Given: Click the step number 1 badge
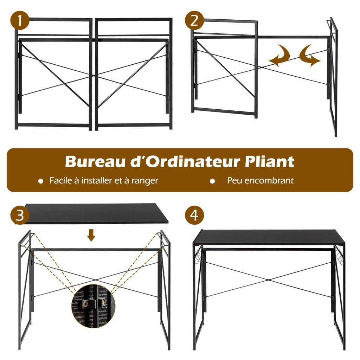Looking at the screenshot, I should coord(20,21).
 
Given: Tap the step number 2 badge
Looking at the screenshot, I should coord(194,21).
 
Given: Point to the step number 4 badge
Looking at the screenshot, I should coord(194,215).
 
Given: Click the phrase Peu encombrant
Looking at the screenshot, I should coord(260,181).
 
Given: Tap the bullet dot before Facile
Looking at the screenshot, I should coord(41,181).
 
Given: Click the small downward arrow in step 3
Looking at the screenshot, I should coord(91,235).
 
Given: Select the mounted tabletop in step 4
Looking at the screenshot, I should coord(269,237).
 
